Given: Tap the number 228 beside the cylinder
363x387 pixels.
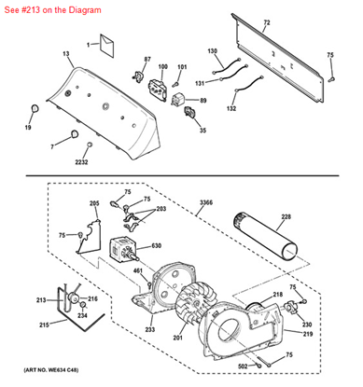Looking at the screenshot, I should (286, 218).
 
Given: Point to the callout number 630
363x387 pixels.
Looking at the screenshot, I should (157, 246).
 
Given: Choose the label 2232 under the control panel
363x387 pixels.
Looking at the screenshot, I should (82, 162).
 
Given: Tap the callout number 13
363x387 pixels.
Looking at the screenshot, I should (66, 55).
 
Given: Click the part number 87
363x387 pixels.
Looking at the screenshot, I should (147, 60).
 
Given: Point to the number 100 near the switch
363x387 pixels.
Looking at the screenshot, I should (162, 67).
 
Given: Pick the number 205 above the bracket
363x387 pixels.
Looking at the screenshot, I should (94, 203).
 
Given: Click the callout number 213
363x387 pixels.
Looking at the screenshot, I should (40, 299).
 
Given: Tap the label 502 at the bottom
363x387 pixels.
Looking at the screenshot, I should (242, 366).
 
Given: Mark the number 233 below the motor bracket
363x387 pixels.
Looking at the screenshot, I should (150, 329).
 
